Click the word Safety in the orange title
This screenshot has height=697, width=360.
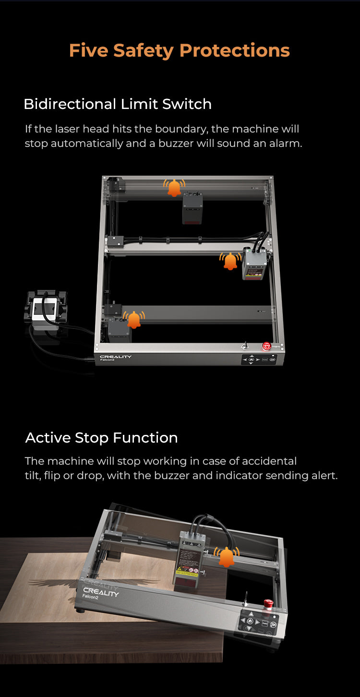click(x=144, y=51)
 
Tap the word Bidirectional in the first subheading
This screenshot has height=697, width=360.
click(x=70, y=104)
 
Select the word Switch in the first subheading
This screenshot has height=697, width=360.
click(x=187, y=104)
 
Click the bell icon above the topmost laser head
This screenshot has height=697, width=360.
click(x=174, y=188)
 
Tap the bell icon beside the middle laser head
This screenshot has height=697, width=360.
click(x=230, y=261)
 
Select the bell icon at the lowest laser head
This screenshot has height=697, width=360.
click(x=134, y=320)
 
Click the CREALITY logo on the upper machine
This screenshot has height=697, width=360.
click(x=115, y=357)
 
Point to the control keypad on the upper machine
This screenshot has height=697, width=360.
click(x=259, y=360)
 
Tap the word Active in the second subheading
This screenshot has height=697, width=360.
click(x=48, y=437)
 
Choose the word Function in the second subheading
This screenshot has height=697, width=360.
click(x=145, y=437)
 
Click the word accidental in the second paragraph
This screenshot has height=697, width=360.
click(x=269, y=461)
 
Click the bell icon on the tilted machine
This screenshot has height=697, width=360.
click(x=227, y=557)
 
